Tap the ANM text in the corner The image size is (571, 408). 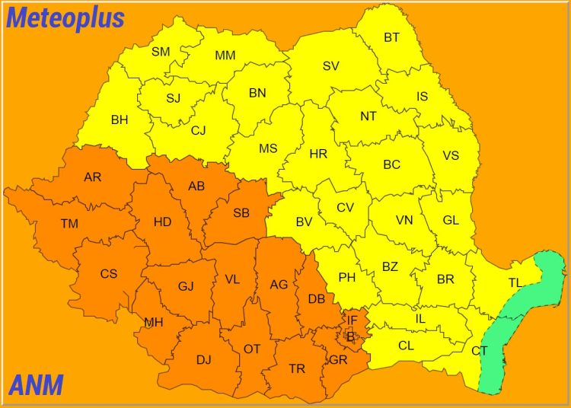[36, 386]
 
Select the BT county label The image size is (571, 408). [391, 37]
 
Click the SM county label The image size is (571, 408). [161, 52]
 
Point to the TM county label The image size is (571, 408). [69, 224]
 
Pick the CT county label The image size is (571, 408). [479, 351]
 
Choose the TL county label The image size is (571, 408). [515, 283]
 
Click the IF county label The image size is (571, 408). [352, 320]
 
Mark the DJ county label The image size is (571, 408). [203, 359]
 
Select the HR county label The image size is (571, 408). [318, 154]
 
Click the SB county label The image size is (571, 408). [241, 213]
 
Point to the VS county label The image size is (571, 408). [451, 155]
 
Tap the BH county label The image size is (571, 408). [120, 120]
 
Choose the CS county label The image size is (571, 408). [109, 273]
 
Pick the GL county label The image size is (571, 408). [451, 220]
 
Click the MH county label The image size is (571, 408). [154, 322]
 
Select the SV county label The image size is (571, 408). [330, 66]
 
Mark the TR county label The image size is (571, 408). [297, 368]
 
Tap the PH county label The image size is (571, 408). [347, 277]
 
